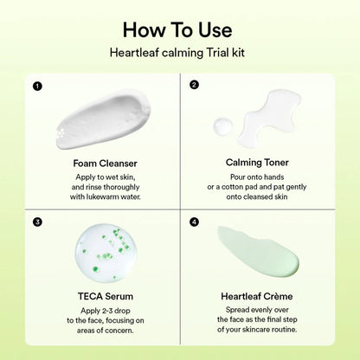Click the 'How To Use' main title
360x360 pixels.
[180, 29]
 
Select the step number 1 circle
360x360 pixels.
[36, 85]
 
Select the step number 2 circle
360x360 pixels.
[194, 85]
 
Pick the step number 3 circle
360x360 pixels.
[36, 221]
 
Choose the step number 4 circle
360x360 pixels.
[194, 221]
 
